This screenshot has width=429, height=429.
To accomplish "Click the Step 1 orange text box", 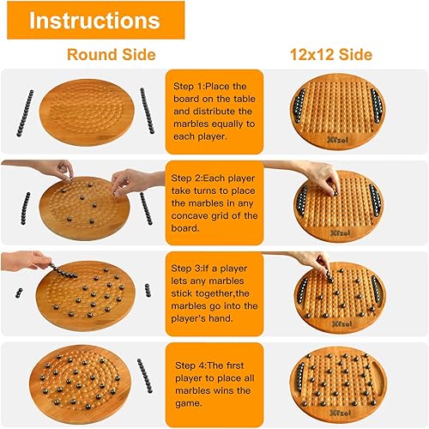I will point(212,110).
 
